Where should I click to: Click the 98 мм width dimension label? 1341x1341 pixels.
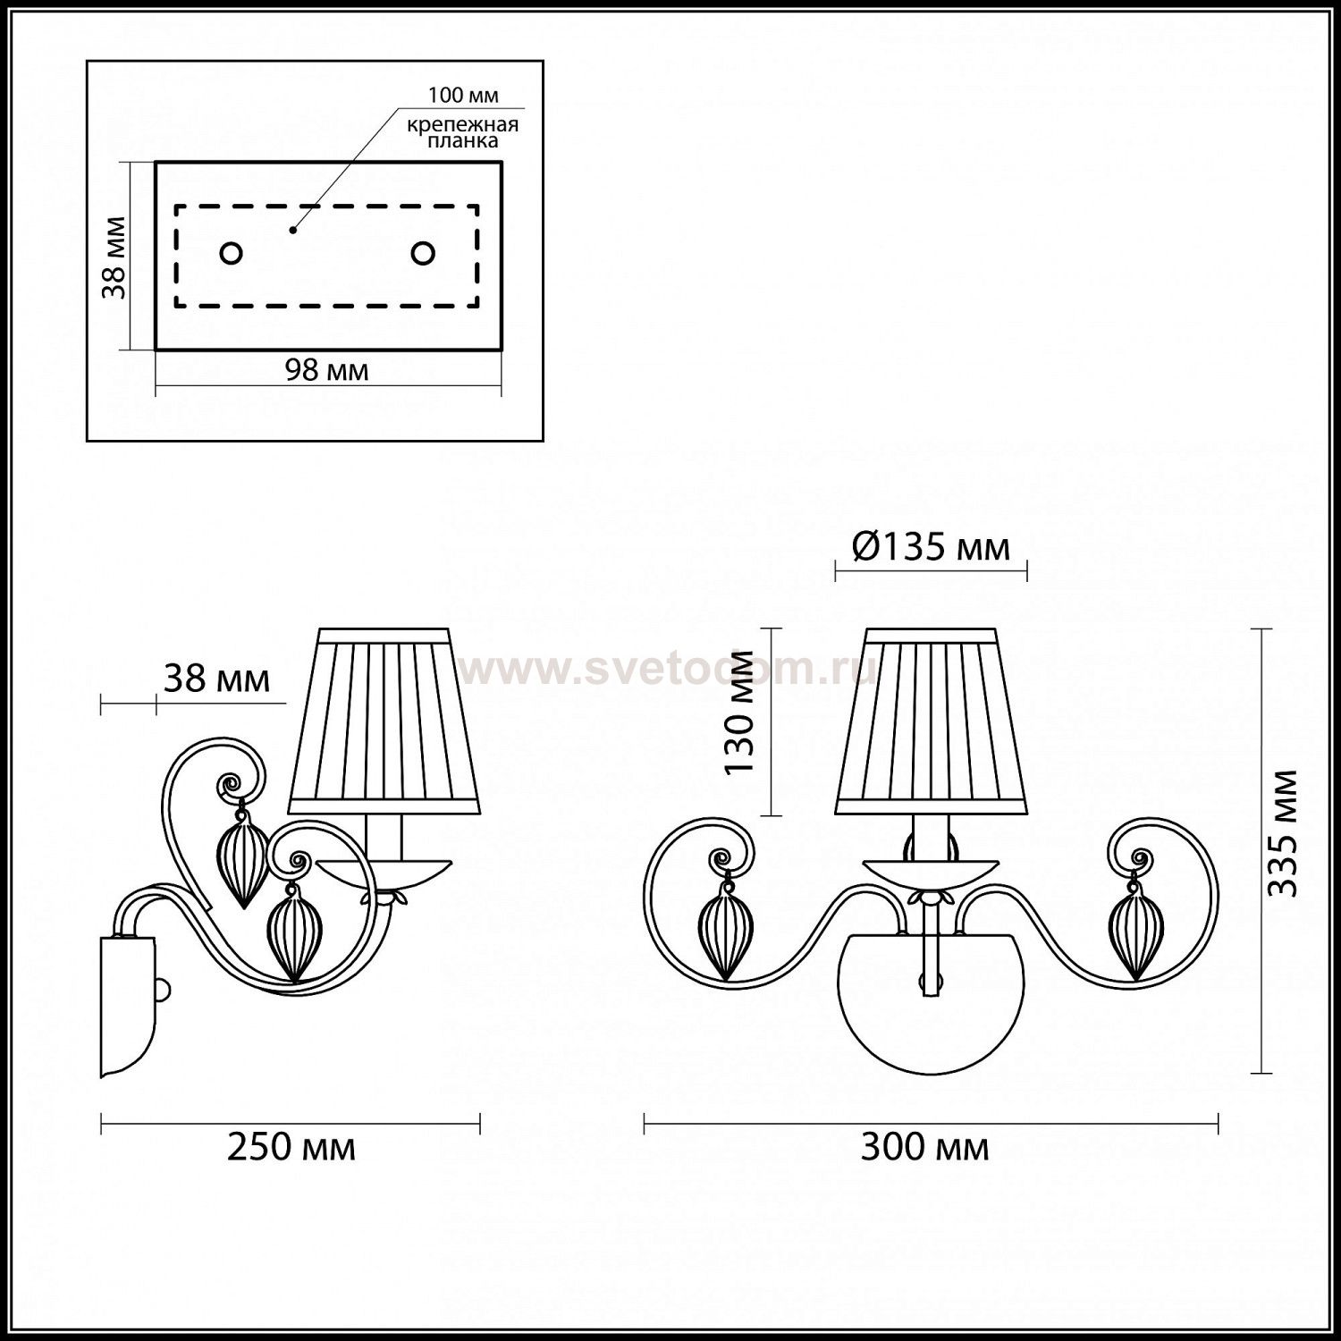[326, 369]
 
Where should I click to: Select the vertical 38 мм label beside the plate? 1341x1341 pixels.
[113, 258]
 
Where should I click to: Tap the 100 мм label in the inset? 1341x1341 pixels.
[463, 96]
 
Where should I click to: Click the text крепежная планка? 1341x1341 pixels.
[463, 133]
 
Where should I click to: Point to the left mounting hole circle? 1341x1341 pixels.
[231, 254]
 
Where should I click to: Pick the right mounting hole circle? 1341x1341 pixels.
[423, 254]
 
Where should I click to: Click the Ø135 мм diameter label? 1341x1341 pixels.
[931, 545]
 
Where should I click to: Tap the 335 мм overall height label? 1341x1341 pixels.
[1284, 833]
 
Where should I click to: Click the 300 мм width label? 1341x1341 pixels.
[925, 1147]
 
